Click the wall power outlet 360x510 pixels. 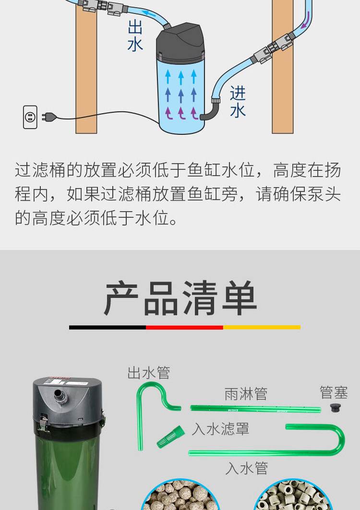click(x=30, y=117)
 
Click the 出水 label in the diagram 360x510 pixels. click(x=135, y=36)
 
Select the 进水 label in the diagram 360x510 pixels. click(x=238, y=102)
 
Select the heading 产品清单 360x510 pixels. click(x=180, y=298)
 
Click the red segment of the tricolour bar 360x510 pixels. click(x=184, y=327)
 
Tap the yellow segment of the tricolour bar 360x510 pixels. click(x=262, y=327)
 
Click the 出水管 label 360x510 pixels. click(x=149, y=373)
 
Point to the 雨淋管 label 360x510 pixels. click(x=246, y=394)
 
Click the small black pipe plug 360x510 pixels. click(x=336, y=408)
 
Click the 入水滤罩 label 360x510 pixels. click(x=220, y=428)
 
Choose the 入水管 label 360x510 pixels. click(x=246, y=468)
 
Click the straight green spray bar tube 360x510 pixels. click(x=254, y=409)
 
